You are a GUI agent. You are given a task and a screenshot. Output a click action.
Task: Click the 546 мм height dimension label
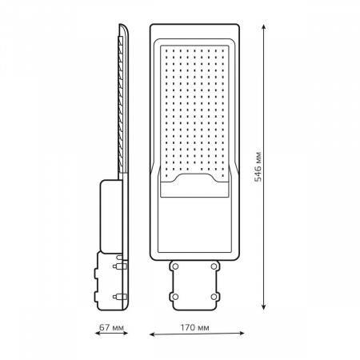click(x=258, y=167)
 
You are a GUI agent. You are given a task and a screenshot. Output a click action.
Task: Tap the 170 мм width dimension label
click(x=194, y=327)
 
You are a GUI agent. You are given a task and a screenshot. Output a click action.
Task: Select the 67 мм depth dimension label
click(x=111, y=327)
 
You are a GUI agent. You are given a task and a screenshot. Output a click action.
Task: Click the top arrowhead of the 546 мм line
click(x=263, y=28)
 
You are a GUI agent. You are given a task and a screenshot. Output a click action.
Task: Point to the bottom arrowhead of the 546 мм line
click(x=263, y=306)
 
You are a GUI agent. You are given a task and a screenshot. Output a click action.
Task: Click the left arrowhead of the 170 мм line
click(x=152, y=334)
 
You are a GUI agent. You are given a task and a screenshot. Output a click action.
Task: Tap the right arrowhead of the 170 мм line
click(x=242, y=333)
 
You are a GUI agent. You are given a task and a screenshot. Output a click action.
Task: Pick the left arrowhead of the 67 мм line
click(x=98, y=333)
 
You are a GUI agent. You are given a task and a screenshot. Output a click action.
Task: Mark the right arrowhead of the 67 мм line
click(x=125, y=333)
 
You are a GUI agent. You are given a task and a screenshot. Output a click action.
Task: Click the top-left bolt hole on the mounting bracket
click(x=175, y=266)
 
